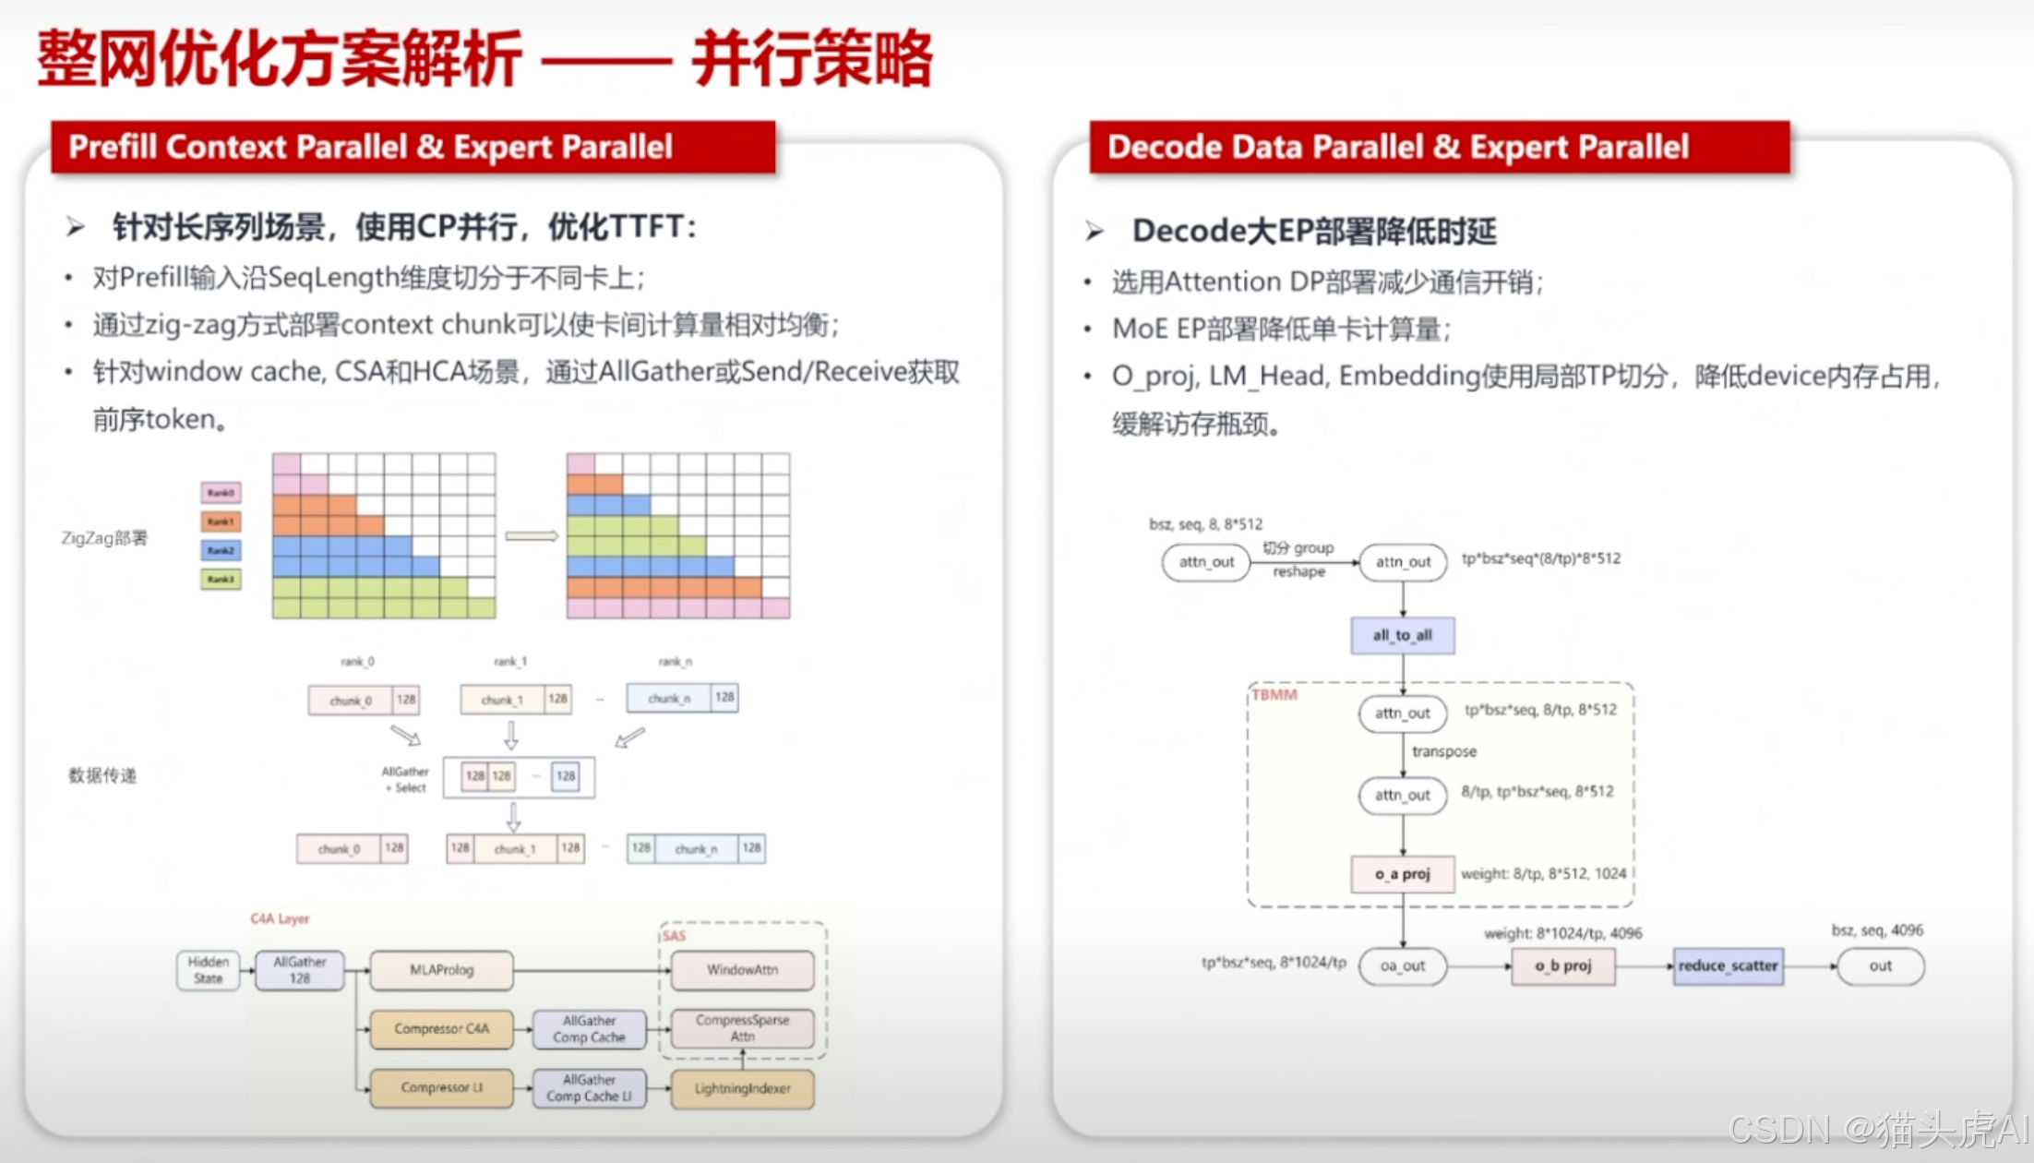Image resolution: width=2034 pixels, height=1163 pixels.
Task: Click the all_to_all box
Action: (x=1402, y=635)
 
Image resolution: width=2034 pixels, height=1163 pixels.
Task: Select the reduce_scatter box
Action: (x=1728, y=965)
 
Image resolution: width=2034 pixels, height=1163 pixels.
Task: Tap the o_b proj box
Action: (x=1562, y=965)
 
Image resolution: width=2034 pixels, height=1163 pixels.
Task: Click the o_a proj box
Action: (x=1402, y=873)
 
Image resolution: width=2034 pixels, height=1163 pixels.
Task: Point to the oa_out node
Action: (x=1402, y=965)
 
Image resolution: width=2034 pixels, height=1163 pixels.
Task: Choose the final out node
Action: (x=1880, y=965)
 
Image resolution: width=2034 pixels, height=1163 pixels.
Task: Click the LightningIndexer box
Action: (x=742, y=1088)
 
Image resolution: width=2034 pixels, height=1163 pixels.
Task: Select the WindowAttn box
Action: (x=742, y=969)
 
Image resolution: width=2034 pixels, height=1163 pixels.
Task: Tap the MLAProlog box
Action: (x=441, y=969)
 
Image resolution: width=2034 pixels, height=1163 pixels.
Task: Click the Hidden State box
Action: (x=208, y=969)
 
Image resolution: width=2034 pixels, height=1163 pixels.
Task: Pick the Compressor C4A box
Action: (x=441, y=1028)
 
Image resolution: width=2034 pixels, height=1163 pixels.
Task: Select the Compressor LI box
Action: (x=441, y=1087)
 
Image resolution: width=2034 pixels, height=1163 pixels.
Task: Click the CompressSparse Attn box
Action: (x=742, y=1028)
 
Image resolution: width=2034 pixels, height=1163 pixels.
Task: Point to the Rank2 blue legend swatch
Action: (x=221, y=550)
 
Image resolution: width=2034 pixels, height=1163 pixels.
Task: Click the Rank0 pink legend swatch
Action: (x=221, y=492)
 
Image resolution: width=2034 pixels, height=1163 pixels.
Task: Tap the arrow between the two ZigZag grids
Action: (x=532, y=535)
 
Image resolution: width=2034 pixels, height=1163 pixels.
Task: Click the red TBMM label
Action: (x=1274, y=694)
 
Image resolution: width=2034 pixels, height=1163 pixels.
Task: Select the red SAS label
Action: (x=675, y=935)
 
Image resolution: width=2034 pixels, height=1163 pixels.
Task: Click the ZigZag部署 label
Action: (x=104, y=537)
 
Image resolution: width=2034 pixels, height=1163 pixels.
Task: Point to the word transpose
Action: (x=1443, y=751)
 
